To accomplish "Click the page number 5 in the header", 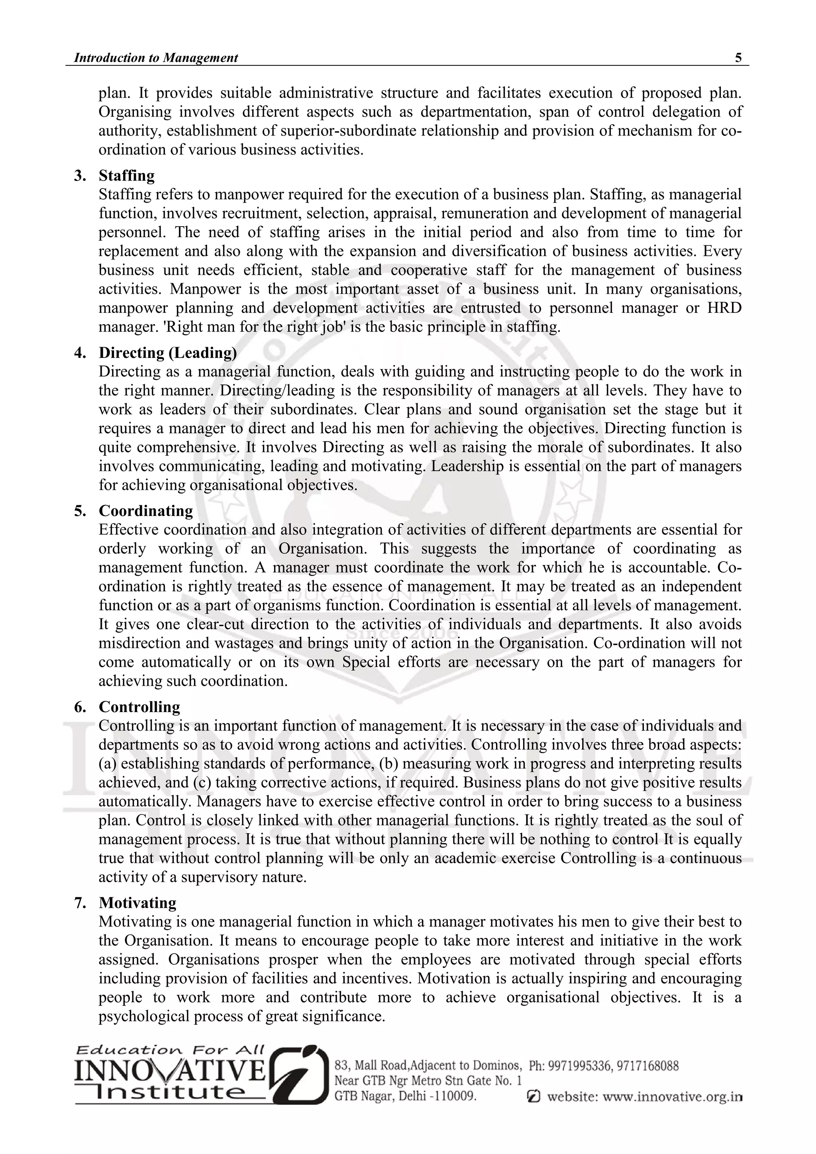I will tap(738, 58).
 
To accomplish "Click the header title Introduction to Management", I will tap(156, 58).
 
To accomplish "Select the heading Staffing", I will tap(127, 175).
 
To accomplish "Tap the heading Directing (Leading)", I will tap(167, 353).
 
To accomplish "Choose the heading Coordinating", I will tap(146, 511).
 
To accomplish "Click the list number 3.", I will tap(79, 175).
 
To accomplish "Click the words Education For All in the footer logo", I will tap(170, 1050).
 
